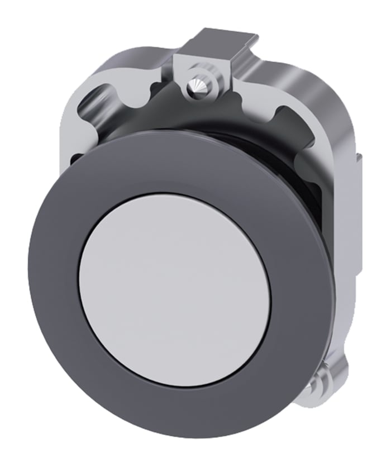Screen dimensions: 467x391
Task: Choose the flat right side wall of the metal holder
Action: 349,223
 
